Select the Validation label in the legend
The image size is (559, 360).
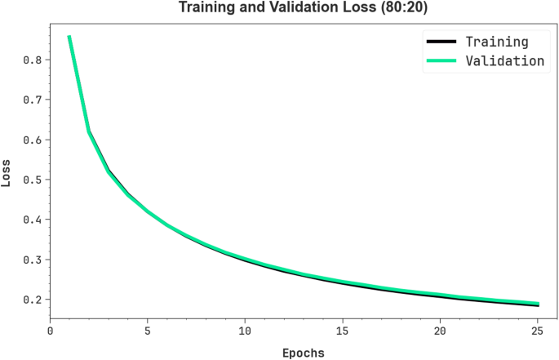click(504, 60)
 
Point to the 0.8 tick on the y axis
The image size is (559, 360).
click(33, 60)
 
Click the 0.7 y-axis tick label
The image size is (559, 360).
click(33, 100)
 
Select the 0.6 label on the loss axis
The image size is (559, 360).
click(33, 140)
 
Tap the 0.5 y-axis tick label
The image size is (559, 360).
click(33, 180)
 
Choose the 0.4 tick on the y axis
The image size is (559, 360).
click(33, 220)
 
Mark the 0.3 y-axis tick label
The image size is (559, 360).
click(33, 260)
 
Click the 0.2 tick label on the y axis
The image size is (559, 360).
click(33, 300)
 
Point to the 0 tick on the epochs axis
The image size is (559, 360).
click(50, 331)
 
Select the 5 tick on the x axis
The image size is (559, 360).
click(148, 331)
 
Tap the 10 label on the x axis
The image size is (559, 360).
click(245, 331)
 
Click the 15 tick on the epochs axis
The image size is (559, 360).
click(343, 331)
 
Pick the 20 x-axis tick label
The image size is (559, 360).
click(440, 331)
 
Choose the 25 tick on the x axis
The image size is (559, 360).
click(537, 331)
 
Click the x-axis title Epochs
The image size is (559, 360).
click(303, 353)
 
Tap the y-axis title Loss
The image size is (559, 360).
click(7, 174)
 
